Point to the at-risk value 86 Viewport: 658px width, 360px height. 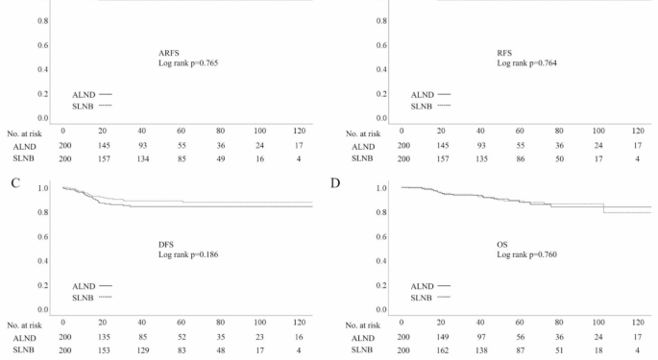(518, 157)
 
